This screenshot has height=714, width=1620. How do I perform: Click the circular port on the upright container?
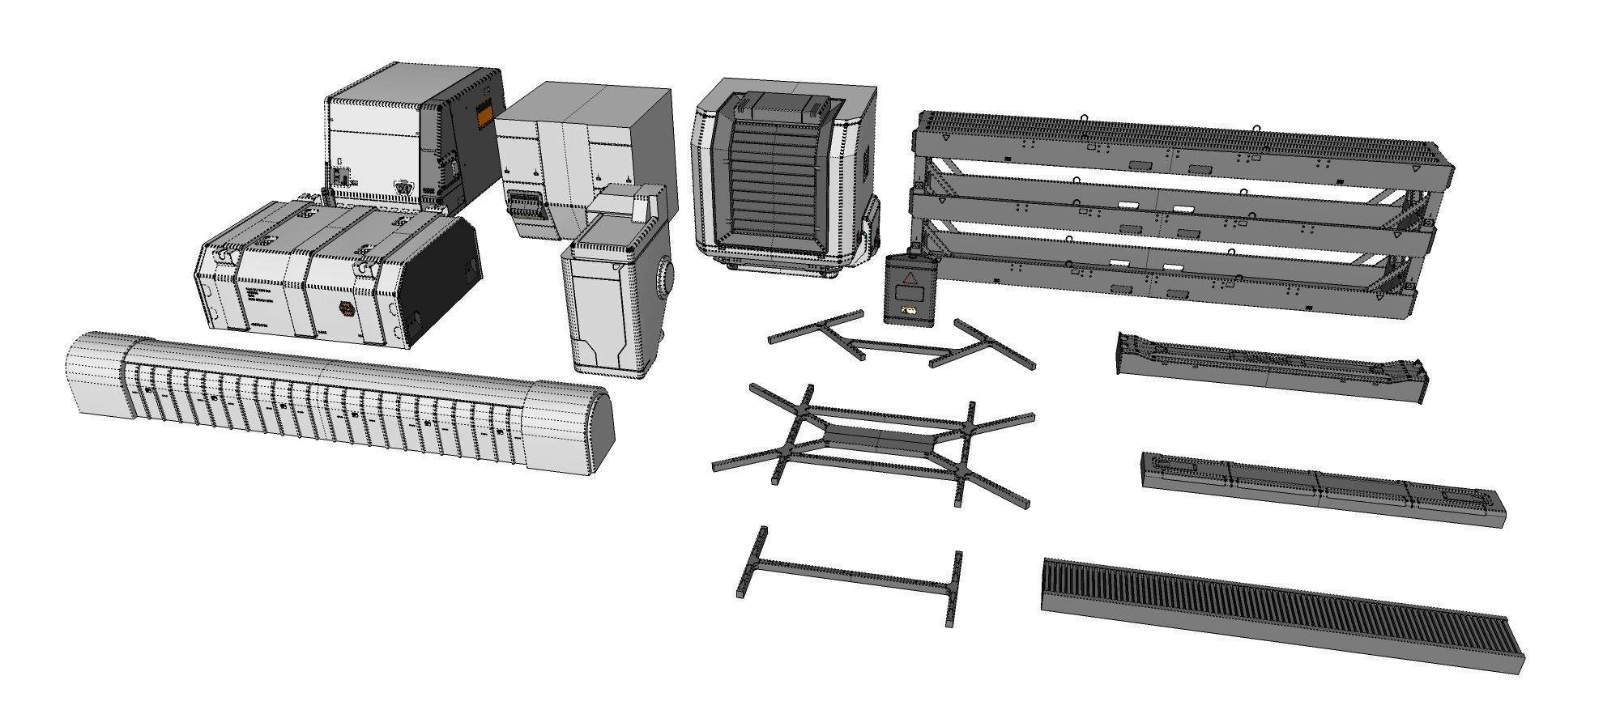pyautogui.click(x=665, y=278)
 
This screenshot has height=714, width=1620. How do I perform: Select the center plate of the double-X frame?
pyautogui.click(x=880, y=442)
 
